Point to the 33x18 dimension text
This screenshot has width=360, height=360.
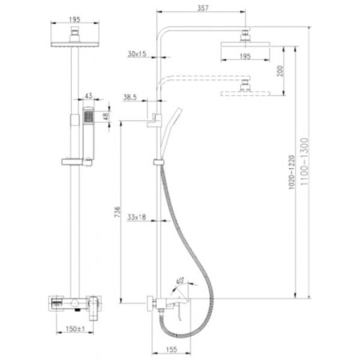point(136,217)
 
